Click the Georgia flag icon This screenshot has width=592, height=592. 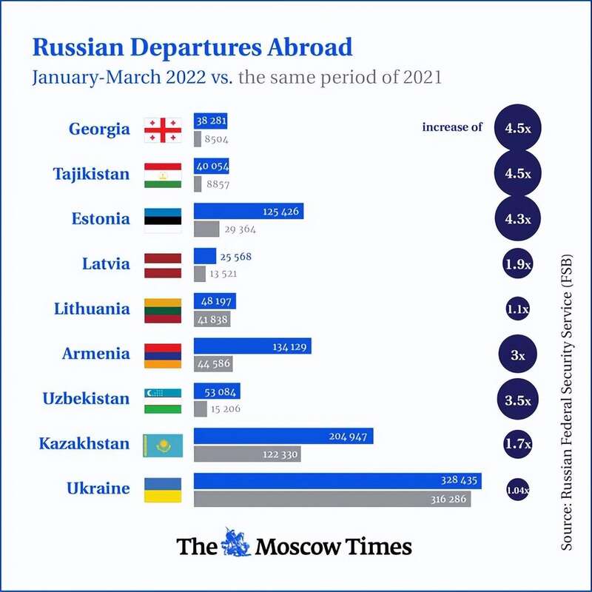point(163,129)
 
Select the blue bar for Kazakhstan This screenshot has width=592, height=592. point(283,436)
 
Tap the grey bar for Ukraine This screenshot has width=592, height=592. point(332,499)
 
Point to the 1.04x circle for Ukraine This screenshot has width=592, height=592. point(517,490)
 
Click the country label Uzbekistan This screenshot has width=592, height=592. point(86,399)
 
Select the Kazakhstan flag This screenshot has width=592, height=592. point(163,444)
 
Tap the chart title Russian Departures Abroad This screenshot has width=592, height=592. point(192,48)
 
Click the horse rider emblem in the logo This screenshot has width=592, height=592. point(237,545)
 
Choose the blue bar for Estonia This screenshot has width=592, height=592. point(249,212)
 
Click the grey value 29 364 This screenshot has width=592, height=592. point(240,229)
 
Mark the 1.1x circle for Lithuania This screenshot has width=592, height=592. point(517,310)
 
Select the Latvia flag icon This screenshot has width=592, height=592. point(163,264)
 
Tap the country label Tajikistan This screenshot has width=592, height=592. point(91,175)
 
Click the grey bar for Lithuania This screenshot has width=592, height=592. point(212,319)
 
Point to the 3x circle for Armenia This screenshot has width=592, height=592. point(517,355)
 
